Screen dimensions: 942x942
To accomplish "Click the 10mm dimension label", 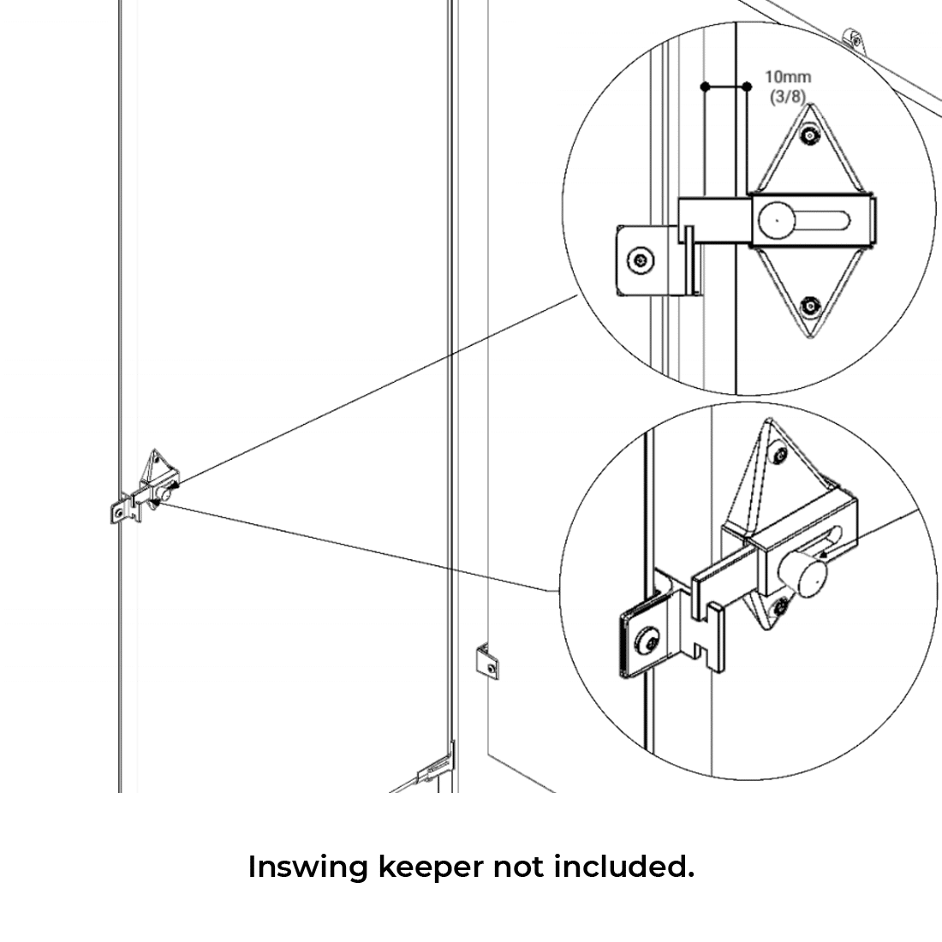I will point(787,77).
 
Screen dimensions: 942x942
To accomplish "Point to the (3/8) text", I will point(787,96).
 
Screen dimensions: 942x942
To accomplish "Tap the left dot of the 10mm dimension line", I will point(705,86).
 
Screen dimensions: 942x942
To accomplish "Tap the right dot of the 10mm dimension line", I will point(747,86).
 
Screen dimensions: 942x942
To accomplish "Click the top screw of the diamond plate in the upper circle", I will point(808,134).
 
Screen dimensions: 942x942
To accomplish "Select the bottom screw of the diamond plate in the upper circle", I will point(808,307).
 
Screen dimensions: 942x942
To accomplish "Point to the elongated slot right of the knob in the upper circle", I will point(826,220).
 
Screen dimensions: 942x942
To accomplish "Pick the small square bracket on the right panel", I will point(486,661).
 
